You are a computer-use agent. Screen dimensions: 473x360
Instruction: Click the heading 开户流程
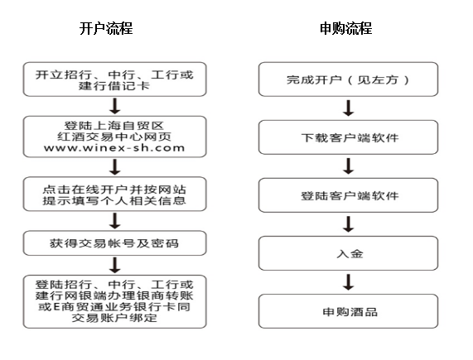[x=106, y=29]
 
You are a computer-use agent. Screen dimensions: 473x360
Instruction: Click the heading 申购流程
[x=345, y=29]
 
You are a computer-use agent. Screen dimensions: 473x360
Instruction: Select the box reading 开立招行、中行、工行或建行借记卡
[x=114, y=79]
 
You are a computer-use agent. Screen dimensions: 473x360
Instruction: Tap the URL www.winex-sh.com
[x=114, y=148]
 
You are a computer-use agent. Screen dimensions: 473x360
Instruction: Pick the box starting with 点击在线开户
[x=114, y=194]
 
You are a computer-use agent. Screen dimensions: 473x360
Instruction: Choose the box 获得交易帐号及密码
[x=114, y=243]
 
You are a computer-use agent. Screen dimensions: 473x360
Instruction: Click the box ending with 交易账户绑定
[x=114, y=301]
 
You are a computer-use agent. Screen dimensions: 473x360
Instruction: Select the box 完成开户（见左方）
[x=348, y=79]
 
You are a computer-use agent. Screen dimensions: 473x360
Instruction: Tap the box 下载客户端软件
[x=348, y=137]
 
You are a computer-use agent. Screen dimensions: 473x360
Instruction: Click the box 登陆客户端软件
[x=348, y=195]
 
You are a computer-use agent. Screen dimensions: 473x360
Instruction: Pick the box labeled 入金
[x=348, y=253]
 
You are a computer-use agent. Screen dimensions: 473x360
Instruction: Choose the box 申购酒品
[x=348, y=311]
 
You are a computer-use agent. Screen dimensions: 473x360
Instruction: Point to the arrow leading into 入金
[x=349, y=224]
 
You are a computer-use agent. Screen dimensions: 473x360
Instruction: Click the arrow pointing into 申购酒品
[x=349, y=282]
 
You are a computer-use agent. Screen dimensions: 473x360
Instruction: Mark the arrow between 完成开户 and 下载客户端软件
[x=349, y=108]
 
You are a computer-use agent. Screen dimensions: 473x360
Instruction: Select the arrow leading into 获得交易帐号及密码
[x=115, y=221]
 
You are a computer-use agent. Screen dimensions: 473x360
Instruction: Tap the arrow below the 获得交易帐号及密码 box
[x=115, y=265]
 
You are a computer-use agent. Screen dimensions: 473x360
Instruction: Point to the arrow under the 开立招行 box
[x=115, y=106]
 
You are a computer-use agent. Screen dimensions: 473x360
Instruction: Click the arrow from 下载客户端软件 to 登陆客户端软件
[x=349, y=166]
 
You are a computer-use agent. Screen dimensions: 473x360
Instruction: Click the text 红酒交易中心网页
[x=114, y=137]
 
